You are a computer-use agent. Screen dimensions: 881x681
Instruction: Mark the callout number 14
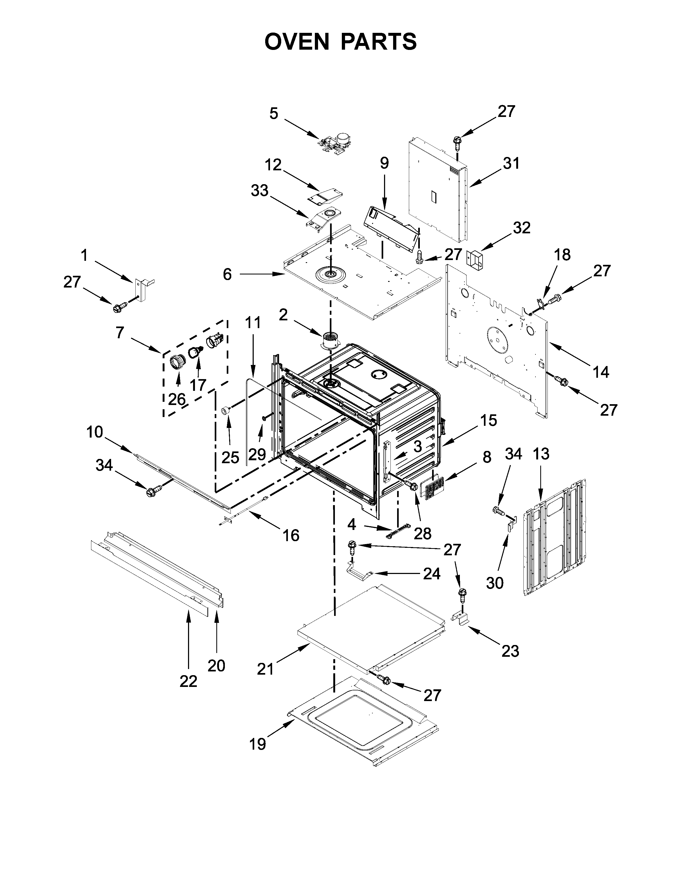pyautogui.click(x=601, y=372)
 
